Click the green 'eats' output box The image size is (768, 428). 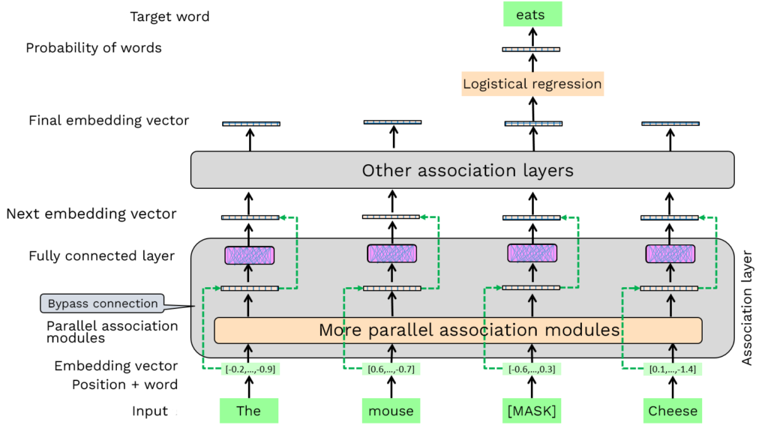click(x=532, y=14)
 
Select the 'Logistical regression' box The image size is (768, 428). click(x=532, y=84)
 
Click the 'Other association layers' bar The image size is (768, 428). click(x=462, y=170)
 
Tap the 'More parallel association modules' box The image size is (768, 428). click(x=457, y=330)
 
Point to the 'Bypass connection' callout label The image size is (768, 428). click(x=103, y=304)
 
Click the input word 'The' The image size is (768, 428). click(x=248, y=411)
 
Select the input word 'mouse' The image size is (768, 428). click(x=391, y=411)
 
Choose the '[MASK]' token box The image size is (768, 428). click(x=532, y=411)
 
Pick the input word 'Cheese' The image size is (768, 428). click(x=672, y=411)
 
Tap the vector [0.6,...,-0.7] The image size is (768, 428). click(x=391, y=369)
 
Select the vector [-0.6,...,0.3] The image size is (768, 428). click(x=532, y=369)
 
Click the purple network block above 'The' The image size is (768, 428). click(x=250, y=255)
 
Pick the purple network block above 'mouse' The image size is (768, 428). click(x=391, y=254)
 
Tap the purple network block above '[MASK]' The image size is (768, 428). click(x=532, y=253)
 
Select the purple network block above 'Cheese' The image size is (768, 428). click(x=670, y=254)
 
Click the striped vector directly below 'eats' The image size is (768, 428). click(x=531, y=49)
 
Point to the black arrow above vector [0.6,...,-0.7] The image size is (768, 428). click(x=391, y=351)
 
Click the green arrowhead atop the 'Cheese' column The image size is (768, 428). click(x=703, y=217)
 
